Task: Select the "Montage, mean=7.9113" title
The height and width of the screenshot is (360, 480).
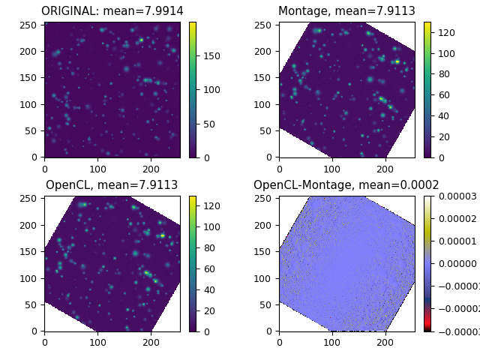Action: (x=346, y=11)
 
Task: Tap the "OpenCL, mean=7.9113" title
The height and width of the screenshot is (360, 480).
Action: (x=112, y=185)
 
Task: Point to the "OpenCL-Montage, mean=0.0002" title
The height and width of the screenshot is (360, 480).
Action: (x=346, y=185)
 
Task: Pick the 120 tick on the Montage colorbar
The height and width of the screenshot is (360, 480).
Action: (x=447, y=33)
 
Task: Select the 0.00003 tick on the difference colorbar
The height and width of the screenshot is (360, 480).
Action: (x=457, y=196)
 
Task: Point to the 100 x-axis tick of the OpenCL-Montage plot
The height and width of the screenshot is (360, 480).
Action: (x=332, y=343)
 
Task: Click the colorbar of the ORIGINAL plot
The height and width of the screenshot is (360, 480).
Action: (x=193, y=89)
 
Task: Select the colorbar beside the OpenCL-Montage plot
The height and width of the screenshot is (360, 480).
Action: (x=427, y=263)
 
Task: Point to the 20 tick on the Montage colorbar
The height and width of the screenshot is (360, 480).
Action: (x=445, y=136)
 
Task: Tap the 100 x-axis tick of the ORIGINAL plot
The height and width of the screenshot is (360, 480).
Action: (x=97, y=169)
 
